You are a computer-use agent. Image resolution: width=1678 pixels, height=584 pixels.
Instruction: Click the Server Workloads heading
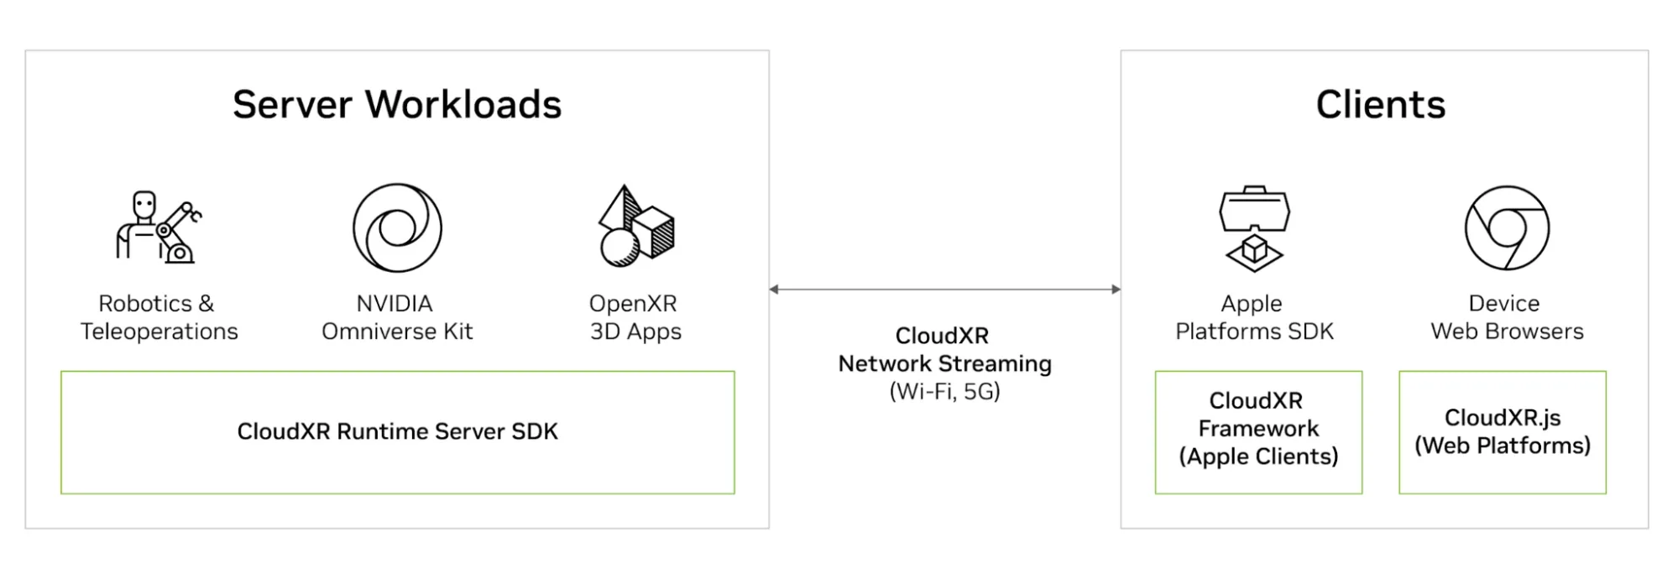397,105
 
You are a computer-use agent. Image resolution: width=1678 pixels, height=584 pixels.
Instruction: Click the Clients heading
1380,105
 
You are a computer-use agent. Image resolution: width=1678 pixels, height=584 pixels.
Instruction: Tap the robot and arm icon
158,227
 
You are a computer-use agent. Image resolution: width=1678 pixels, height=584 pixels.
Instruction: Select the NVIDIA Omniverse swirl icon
397,227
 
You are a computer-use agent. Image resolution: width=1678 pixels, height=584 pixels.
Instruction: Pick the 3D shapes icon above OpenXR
635,227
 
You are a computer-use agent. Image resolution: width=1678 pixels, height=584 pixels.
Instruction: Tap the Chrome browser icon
1507,227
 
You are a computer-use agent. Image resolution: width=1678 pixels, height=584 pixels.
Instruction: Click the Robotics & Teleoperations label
159,317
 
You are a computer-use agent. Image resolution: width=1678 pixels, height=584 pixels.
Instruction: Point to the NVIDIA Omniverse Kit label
397,317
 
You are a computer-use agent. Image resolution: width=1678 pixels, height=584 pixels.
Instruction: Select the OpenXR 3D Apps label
635,317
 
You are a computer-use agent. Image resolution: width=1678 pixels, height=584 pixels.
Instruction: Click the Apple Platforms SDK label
1254,317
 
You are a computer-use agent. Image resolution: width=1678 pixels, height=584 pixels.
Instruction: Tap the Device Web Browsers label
1507,317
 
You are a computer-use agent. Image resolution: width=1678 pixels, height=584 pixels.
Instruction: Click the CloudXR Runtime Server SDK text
397,431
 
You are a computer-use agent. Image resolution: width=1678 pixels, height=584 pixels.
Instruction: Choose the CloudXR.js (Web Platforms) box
1502,431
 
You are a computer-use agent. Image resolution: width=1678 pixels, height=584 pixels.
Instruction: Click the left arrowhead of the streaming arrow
774,289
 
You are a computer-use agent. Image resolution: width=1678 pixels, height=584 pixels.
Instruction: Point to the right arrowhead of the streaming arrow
1116,289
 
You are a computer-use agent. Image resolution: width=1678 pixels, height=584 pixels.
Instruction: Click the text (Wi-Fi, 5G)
944,392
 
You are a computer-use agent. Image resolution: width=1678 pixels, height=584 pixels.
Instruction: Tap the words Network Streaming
944,363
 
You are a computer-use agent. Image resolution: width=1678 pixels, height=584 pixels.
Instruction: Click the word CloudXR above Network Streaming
942,336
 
